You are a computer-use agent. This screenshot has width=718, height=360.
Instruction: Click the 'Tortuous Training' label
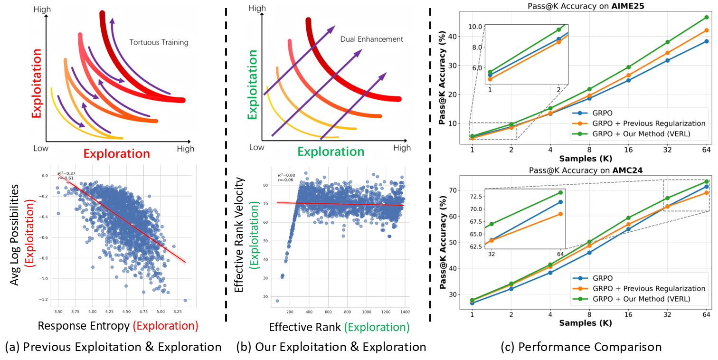pyautogui.click(x=159, y=43)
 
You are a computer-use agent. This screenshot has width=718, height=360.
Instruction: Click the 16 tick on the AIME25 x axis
pyautogui.click(x=628, y=149)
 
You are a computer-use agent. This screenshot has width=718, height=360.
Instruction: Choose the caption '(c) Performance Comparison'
pyautogui.click(x=581, y=348)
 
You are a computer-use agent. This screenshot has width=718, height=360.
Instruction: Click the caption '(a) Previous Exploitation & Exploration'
pyautogui.click(x=113, y=348)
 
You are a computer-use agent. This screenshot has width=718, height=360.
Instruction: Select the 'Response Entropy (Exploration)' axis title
pyautogui.click(x=118, y=326)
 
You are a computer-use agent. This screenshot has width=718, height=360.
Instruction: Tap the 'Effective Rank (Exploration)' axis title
pyautogui.click(x=339, y=327)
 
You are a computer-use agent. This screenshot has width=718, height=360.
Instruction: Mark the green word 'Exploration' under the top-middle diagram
pyautogui.click(x=331, y=152)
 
